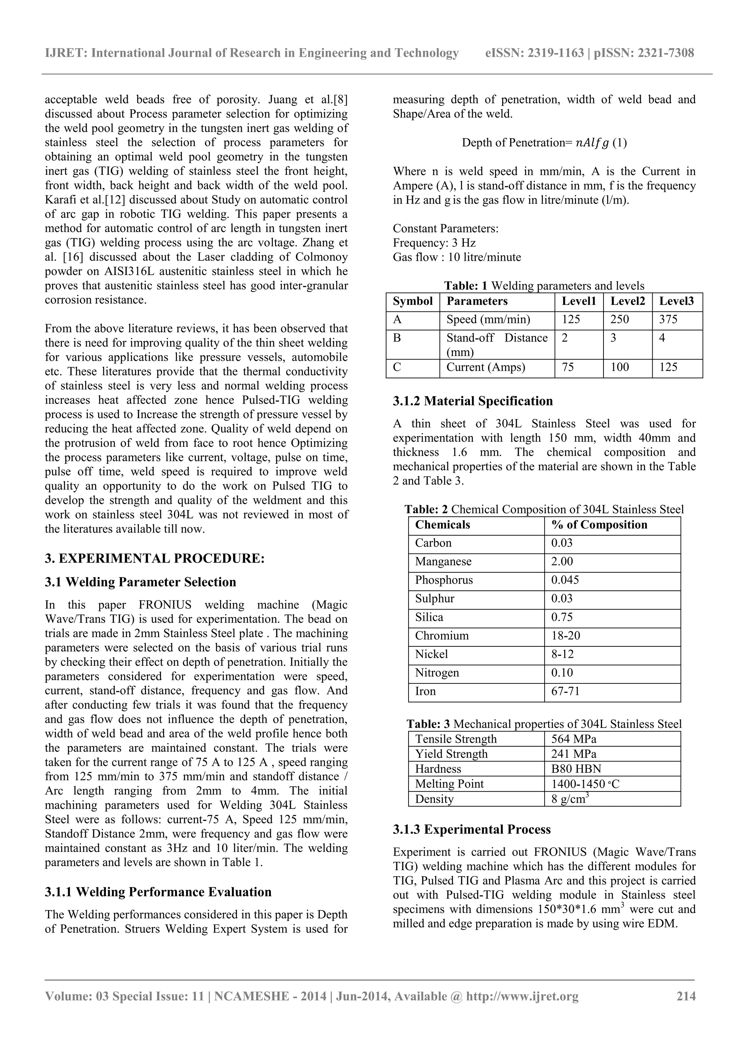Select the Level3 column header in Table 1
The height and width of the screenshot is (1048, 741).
click(x=676, y=301)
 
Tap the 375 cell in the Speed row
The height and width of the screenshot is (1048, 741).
click(x=668, y=319)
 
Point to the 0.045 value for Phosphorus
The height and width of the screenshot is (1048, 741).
click(x=565, y=580)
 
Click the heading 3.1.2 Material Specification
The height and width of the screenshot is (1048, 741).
click(x=473, y=401)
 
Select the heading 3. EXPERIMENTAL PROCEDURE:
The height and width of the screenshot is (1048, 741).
click(x=155, y=559)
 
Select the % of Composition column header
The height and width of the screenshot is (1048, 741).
click(x=599, y=525)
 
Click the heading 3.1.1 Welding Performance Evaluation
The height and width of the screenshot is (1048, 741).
click(x=158, y=892)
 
